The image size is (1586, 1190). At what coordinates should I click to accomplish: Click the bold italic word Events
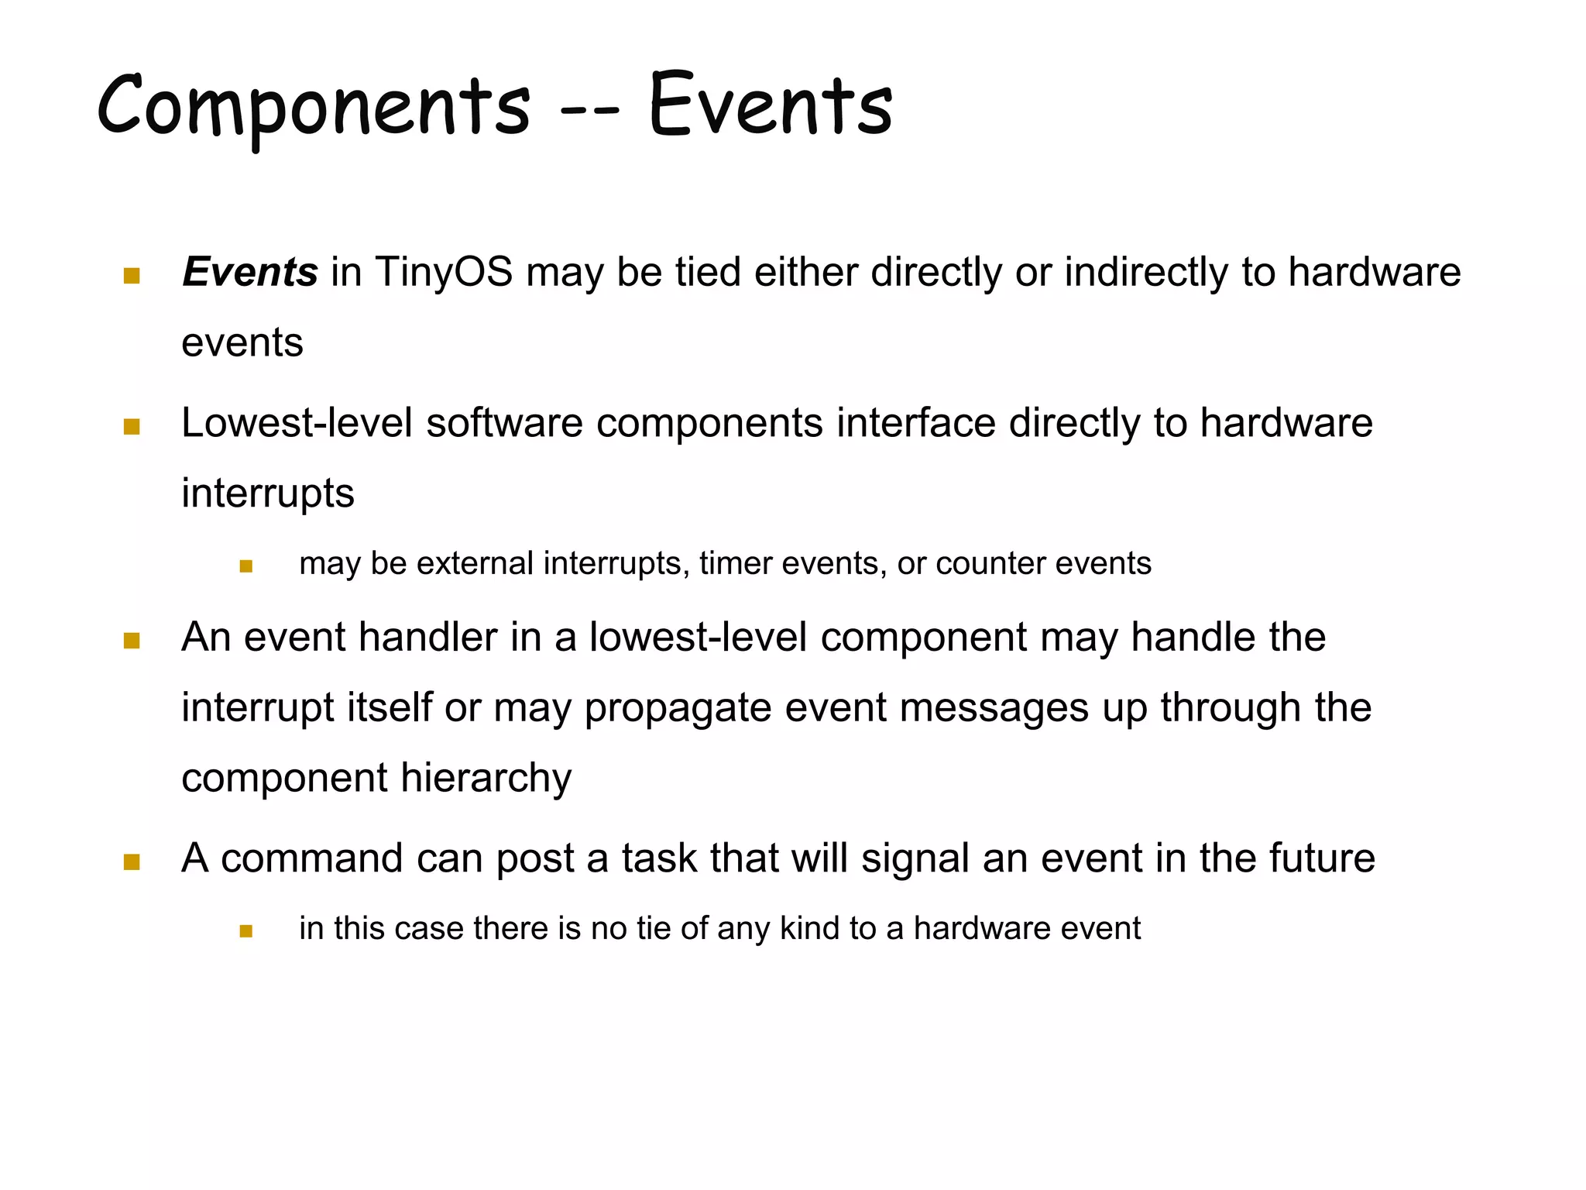pos(249,273)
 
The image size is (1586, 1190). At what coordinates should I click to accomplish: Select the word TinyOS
pos(444,273)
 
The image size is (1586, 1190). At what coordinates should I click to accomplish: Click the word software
pos(504,424)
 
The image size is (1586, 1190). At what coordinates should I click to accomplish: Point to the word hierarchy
pos(486,779)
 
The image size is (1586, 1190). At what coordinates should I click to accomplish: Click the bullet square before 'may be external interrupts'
pos(246,566)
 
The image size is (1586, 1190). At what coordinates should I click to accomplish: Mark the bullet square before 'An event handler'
pos(132,641)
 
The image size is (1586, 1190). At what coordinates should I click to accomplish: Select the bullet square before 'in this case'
pos(246,931)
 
